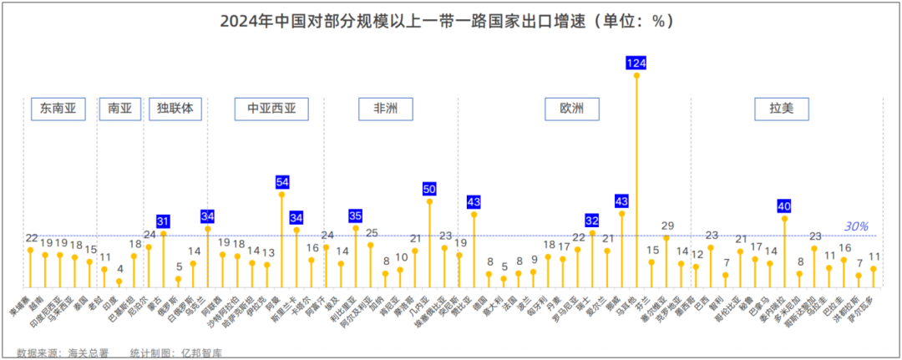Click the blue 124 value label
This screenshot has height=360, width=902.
[636, 63]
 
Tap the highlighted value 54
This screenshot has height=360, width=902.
[281, 181]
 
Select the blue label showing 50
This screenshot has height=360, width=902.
[429, 189]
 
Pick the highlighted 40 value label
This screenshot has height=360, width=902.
[784, 205]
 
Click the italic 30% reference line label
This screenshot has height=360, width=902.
[856, 226]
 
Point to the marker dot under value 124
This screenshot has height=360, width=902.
[636, 75]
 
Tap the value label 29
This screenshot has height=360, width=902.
[666, 226]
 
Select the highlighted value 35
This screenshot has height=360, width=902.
[356, 215]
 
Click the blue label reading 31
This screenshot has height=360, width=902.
[164, 221]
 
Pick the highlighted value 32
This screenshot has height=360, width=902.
[592, 221]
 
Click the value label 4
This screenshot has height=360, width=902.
[119, 269]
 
